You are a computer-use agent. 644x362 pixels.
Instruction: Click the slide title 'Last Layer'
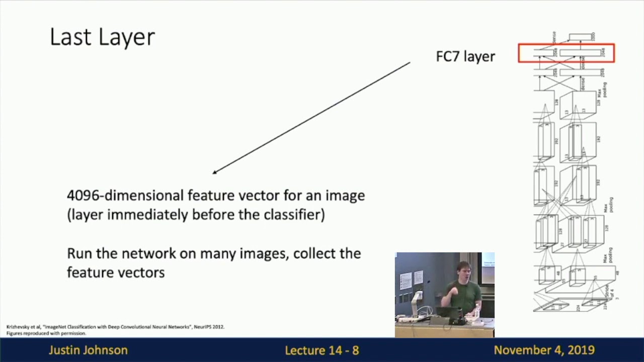coord(102,38)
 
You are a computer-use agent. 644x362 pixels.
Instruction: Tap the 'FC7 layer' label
coord(465,56)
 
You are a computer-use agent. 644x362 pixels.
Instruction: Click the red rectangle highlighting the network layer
coord(566,53)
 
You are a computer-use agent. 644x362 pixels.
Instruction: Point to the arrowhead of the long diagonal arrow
coord(214,172)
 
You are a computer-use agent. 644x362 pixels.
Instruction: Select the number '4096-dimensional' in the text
coord(125,195)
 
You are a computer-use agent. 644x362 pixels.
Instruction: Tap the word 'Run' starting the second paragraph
coord(79,253)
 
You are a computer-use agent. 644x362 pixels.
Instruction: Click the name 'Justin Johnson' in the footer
coord(88,350)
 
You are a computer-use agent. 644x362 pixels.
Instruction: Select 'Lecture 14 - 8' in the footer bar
coord(322,350)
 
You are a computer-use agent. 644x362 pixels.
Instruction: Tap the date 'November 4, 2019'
coord(544,350)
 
